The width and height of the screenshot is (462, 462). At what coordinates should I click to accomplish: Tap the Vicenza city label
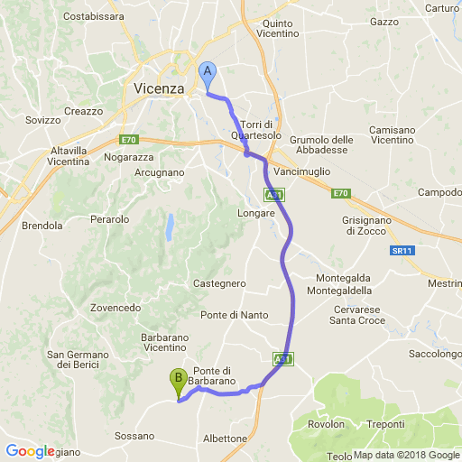click(x=158, y=88)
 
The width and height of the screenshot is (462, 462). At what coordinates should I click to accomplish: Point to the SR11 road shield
click(x=402, y=250)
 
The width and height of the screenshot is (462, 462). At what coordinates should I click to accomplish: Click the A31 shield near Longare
click(x=273, y=194)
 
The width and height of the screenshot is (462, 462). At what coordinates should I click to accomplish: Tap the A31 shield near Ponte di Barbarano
click(x=283, y=359)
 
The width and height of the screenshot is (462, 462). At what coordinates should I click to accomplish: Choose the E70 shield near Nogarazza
click(x=128, y=141)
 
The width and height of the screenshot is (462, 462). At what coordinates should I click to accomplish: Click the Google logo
click(x=30, y=451)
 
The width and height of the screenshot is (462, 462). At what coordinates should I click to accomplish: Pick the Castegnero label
click(x=219, y=283)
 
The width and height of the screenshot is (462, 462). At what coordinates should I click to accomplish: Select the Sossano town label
click(x=134, y=436)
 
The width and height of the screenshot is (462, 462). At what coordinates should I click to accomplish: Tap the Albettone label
click(x=226, y=439)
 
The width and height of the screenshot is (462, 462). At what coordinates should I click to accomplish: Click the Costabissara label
click(x=94, y=16)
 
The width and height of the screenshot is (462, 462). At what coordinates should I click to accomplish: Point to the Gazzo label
click(x=383, y=20)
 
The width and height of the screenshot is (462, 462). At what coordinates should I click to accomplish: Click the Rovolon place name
click(x=327, y=424)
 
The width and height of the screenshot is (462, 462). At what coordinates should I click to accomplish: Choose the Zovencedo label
click(x=115, y=307)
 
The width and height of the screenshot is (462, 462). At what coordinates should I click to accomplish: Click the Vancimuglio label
click(x=303, y=171)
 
